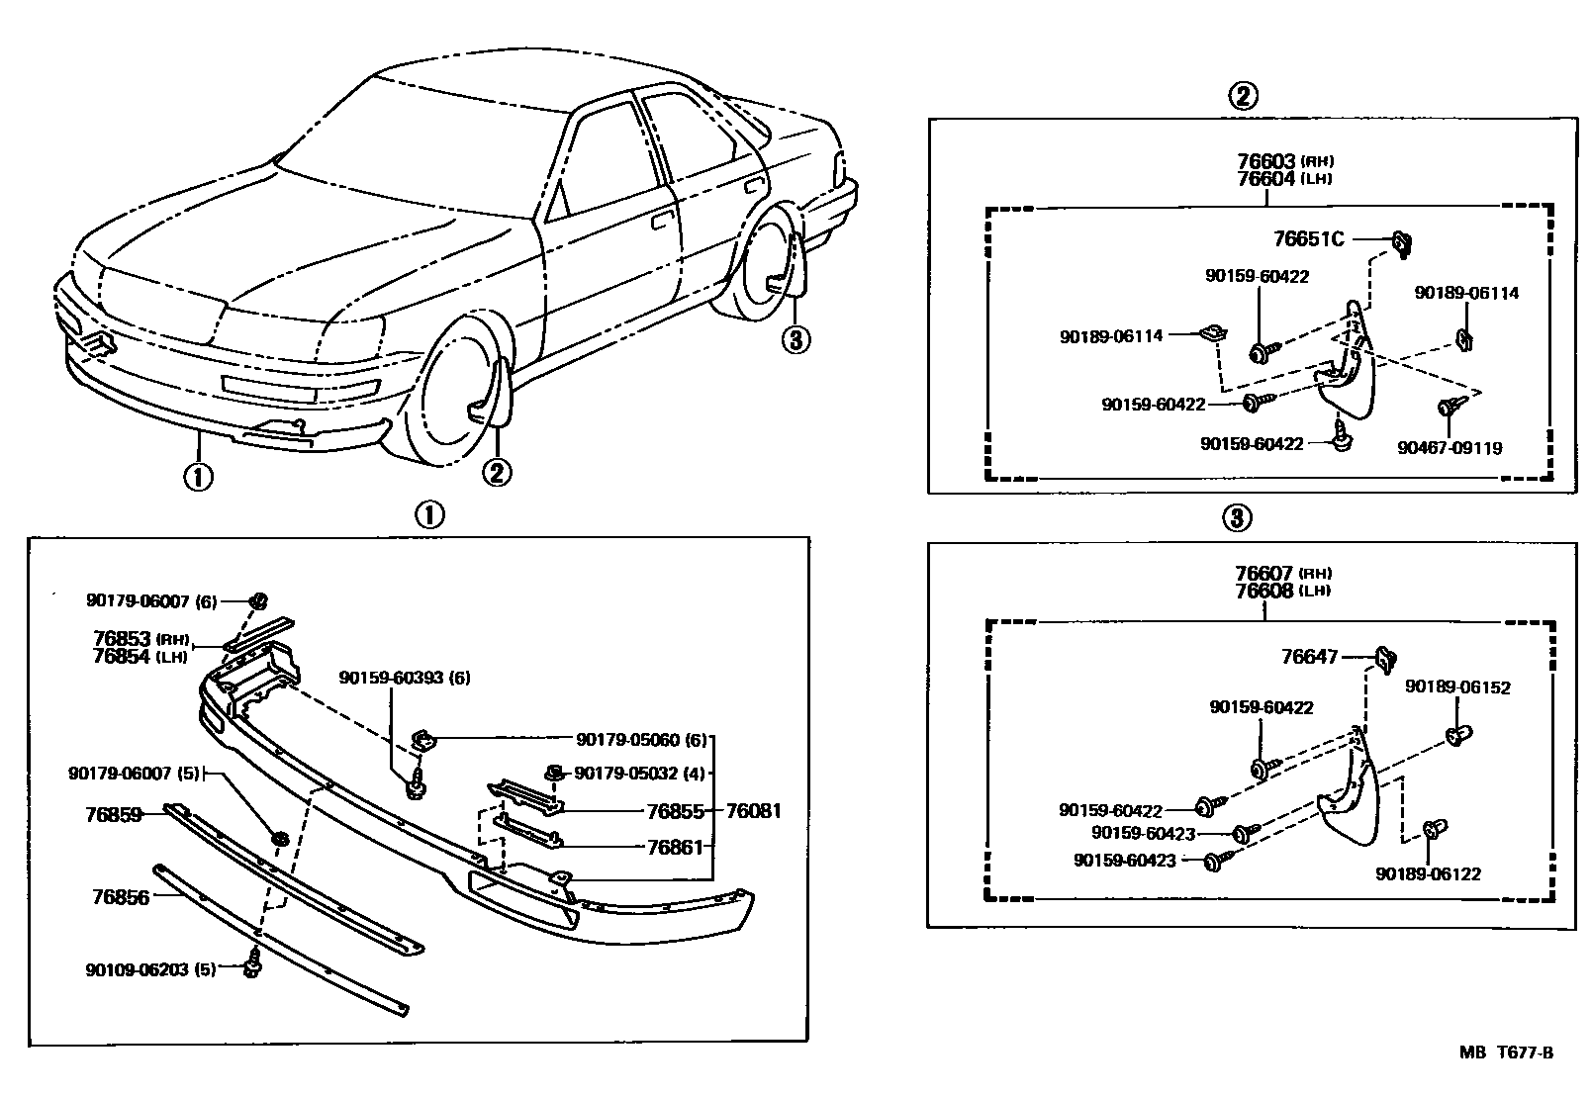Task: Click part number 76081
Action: point(753,811)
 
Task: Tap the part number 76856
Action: point(120,897)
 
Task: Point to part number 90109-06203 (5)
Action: point(150,969)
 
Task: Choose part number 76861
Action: point(674,847)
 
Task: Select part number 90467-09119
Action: point(1450,448)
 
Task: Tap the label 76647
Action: point(1309,656)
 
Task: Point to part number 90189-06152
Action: point(1457,686)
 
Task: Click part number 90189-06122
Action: point(1428,873)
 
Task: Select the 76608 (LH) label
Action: point(1281,591)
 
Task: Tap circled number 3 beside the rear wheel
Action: point(795,339)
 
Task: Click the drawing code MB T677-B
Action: point(1505,1052)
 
